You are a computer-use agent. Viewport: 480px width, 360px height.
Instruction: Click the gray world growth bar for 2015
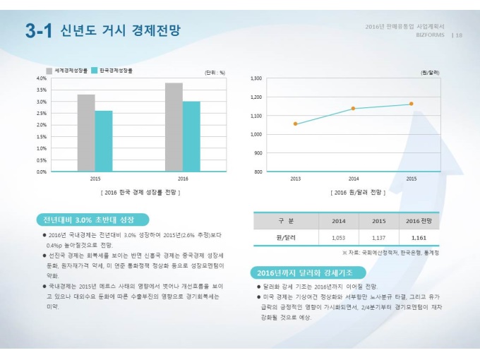pos(86,133)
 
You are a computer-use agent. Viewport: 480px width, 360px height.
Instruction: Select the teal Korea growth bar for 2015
pos(104,140)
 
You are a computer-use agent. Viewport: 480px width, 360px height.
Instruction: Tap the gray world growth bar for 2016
pos(174,127)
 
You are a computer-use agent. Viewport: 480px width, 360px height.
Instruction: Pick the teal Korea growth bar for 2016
pos(191,136)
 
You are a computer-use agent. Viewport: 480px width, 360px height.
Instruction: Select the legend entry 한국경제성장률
pos(116,71)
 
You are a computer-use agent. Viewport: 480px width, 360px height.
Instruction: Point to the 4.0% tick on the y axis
pos(41,78)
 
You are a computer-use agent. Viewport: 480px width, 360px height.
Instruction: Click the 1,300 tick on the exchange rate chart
pos(256,78)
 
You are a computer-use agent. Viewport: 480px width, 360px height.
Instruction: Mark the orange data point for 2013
pos(295,124)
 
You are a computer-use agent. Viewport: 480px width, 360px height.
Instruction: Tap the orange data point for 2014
pos(353,109)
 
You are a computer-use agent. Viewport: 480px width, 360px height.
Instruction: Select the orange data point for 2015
pos(411,104)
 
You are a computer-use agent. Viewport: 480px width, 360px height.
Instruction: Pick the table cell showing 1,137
pos(378,238)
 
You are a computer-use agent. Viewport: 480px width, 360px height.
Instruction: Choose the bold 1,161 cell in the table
pos(419,238)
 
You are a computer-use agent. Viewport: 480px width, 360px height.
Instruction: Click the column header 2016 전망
pos(419,221)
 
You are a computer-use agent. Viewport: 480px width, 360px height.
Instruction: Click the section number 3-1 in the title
pos(39,30)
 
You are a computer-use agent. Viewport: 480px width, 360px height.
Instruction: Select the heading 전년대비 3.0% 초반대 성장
pos(88,219)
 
